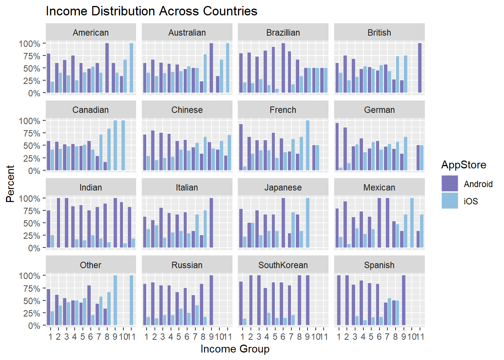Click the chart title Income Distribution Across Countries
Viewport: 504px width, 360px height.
151,11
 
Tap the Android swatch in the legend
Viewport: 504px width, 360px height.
450,184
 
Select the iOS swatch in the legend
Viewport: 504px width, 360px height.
450,201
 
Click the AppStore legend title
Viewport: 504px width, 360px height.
463,165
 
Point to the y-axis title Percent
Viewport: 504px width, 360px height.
10,184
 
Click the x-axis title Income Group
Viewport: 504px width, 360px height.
235,349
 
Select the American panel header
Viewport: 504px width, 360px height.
91,33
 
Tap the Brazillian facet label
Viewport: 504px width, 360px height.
283,33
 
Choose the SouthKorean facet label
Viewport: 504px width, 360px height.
283,265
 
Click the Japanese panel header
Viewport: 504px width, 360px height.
283,187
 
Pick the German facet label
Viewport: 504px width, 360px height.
379,110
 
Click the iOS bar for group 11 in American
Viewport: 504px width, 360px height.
132,68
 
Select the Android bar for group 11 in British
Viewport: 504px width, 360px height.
420,68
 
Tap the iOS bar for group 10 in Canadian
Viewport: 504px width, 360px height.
123,145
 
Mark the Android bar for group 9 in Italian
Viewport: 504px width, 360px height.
211,223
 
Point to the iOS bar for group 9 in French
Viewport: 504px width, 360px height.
307,145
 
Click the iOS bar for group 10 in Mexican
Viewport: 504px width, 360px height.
412,223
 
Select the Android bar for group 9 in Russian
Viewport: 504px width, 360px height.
211,300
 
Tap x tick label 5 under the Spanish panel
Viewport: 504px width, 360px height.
371,337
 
